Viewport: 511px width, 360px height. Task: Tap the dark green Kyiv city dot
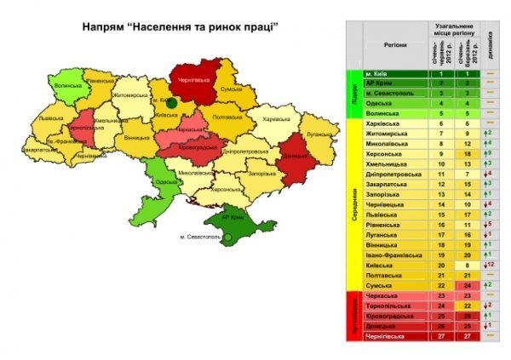[171, 102]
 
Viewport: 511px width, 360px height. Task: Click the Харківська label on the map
[277, 118]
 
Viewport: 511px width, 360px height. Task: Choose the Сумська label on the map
[231, 89]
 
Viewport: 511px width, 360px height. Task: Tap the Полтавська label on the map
[227, 117]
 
